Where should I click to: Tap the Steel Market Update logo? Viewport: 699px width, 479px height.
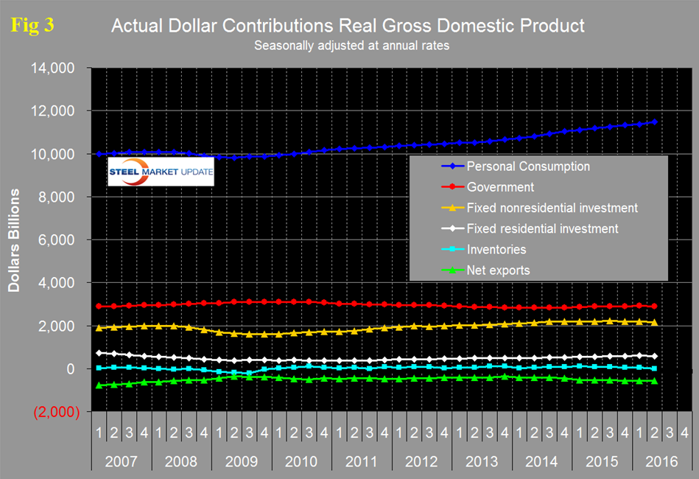point(161,175)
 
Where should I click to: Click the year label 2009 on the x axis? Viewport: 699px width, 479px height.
point(241,462)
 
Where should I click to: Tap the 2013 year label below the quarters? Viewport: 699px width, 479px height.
point(481,462)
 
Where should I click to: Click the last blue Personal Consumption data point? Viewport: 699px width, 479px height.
point(654,122)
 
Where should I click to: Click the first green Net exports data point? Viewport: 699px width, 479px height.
point(99,385)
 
